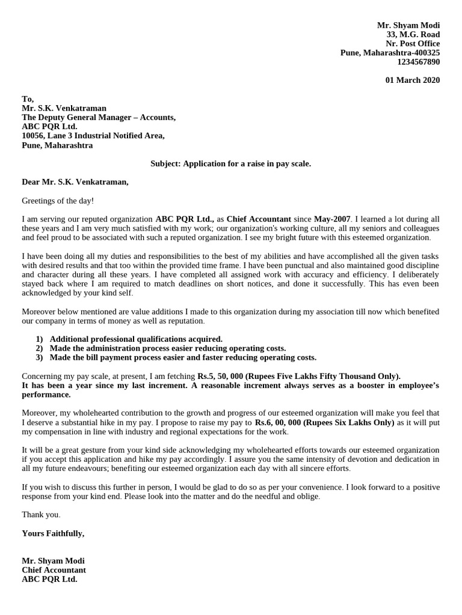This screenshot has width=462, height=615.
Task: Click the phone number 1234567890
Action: click(x=418, y=62)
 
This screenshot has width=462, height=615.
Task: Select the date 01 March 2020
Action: click(x=413, y=80)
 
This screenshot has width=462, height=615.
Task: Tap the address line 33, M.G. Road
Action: click(x=413, y=35)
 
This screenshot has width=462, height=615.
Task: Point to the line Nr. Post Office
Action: click(x=413, y=44)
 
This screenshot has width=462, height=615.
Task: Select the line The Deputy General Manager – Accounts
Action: click(x=99, y=118)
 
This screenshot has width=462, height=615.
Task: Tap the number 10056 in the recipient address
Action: click(x=34, y=136)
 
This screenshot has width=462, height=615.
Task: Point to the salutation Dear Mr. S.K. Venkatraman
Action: click(x=75, y=182)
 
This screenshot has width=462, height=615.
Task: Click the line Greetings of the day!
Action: click(x=58, y=201)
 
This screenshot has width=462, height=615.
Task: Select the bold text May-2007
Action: click(x=331, y=219)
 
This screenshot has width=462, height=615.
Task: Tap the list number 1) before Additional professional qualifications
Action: click(x=40, y=339)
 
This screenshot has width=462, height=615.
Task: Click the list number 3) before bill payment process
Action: click(x=40, y=357)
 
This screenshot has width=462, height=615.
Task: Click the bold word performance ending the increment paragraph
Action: click(x=46, y=395)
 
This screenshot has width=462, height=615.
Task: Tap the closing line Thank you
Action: click(x=41, y=515)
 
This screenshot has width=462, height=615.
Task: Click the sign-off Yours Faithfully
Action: click(x=53, y=533)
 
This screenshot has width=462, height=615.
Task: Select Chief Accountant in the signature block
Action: click(x=54, y=570)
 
